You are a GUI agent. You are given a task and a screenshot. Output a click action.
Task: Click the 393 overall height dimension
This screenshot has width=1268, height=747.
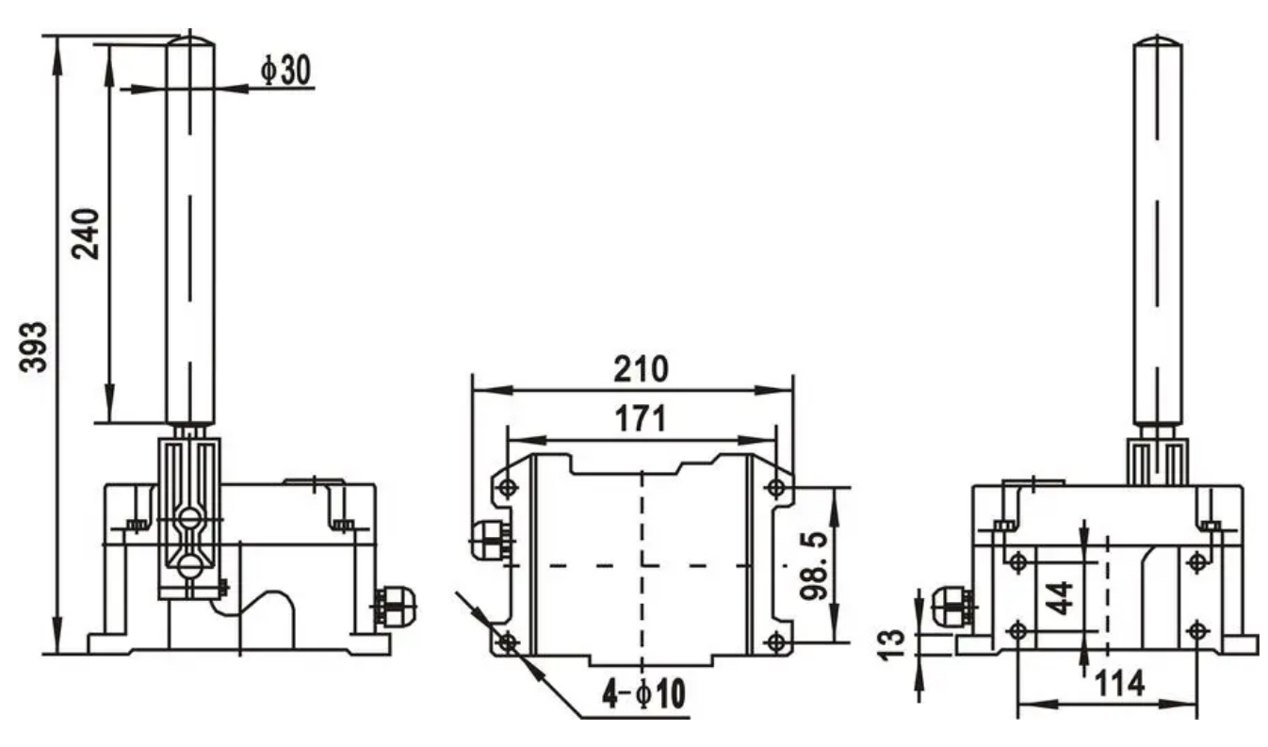[x=36, y=347]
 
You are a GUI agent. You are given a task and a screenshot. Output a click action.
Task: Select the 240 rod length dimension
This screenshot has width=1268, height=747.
[x=86, y=233]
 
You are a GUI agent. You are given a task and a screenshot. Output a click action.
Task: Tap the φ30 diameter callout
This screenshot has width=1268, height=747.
[x=286, y=72]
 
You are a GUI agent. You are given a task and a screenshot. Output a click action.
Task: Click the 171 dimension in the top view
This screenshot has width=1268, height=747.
[x=641, y=418]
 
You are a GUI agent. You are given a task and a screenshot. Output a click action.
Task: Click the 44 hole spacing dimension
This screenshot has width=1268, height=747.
[x=1063, y=595]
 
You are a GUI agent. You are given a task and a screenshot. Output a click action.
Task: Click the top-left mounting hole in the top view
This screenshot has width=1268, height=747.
[x=508, y=488]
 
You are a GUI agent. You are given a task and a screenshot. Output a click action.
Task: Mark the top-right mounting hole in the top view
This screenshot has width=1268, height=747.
[x=775, y=488]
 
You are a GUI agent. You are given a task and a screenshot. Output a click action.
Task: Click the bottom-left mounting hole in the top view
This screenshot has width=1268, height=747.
[x=508, y=642]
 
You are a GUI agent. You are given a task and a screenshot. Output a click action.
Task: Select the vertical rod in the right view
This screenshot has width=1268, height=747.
[x=1158, y=235]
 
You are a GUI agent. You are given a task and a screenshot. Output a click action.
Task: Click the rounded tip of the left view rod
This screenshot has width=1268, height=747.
[x=189, y=39]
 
